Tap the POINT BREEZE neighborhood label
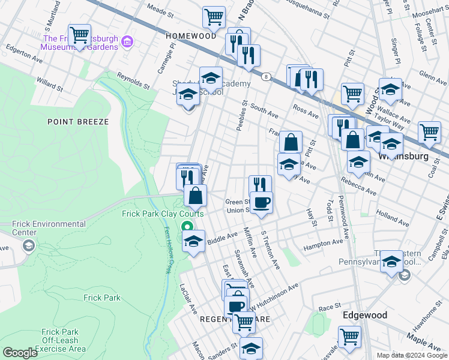click(78, 122)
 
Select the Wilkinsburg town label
click(403, 157)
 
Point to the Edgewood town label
click(364, 315)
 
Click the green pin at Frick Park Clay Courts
click(187, 227)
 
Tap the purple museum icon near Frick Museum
click(127, 41)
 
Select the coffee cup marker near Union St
click(261, 202)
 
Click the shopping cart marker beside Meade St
click(213, 17)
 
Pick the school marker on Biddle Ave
click(193, 242)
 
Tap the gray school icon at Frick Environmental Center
click(28, 245)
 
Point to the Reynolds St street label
click(133, 81)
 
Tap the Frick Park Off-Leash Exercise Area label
click(60, 340)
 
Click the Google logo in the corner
click(20, 353)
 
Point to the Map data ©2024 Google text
click(412, 355)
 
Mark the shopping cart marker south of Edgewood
click(349, 337)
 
